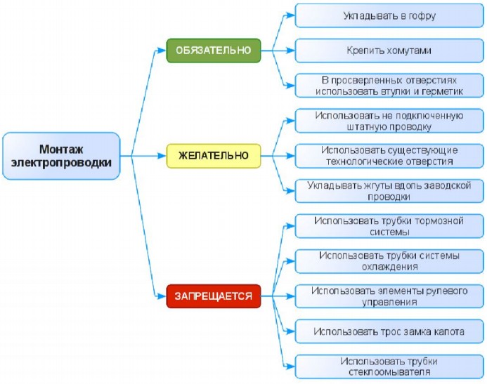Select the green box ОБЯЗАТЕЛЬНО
(x=214, y=51)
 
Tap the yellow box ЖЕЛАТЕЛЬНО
(x=214, y=155)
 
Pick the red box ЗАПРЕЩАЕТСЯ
(x=214, y=296)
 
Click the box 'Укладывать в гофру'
(x=389, y=15)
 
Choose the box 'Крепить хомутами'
(x=389, y=51)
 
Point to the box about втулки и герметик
(x=389, y=86)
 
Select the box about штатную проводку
(x=389, y=121)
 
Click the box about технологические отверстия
(x=389, y=155)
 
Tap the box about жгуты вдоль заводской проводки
(x=389, y=191)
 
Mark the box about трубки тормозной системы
(x=389, y=226)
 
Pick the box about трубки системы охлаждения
(x=389, y=260)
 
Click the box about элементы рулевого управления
(x=389, y=296)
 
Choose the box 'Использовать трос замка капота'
(x=389, y=331)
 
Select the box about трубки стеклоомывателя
(x=389, y=366)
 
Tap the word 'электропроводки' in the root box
(x=61, y=163)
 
